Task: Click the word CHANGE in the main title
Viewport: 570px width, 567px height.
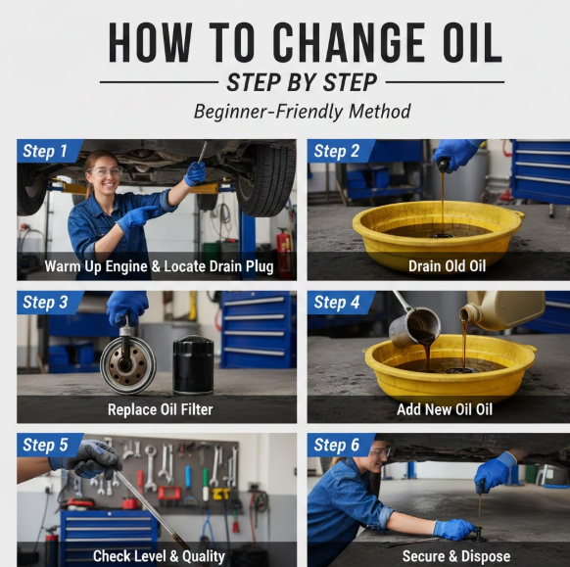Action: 349,42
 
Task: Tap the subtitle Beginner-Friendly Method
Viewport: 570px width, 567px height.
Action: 302,112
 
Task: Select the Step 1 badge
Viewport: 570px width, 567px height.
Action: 50,151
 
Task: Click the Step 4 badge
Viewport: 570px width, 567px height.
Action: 341,303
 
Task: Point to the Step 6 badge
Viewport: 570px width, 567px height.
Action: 341,445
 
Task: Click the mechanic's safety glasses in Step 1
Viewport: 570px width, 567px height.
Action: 104,171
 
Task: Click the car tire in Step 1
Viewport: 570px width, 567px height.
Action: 265,179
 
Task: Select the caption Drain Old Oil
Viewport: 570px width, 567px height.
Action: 447,266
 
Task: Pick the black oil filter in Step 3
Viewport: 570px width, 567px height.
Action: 193,364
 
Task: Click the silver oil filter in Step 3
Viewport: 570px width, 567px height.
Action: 128,364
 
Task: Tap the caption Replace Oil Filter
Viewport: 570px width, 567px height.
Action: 160,409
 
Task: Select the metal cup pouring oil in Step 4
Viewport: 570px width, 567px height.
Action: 415,326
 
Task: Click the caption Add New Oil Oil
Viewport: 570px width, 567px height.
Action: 445,409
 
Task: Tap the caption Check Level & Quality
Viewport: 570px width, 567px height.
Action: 159,556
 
